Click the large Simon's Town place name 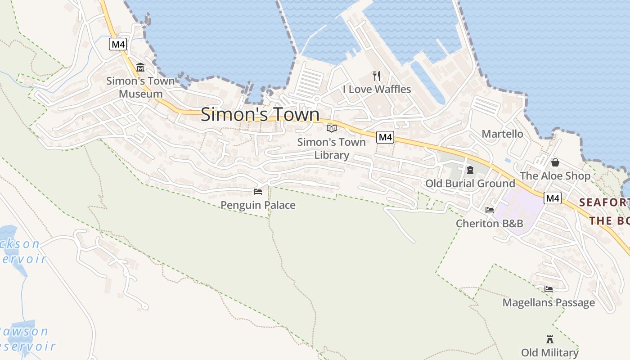tap(260, 114)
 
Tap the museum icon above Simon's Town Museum tap(140, 67)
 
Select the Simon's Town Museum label tap(140, 87)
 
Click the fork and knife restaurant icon tap(377, 76)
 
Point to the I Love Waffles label tap(377, 89)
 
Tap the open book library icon tap(332, 128)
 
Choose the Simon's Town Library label tap(332, 148)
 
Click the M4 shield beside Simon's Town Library tap(385, 137)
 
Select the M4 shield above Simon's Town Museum tap(118, 44)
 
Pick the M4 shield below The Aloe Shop tap(553, 198)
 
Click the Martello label tap(502, 134)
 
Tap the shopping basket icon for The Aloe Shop tap(555, 162)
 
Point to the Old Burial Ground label tap(470, 184)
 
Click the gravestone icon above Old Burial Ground tap(470, 170)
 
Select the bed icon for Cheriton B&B tap(490, 210)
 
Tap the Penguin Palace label tap(258, 205)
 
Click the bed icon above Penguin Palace tap(258, 192)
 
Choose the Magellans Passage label tap(549, 302)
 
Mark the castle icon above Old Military tap(549, 339)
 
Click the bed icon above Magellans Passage tap(549, 289)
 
